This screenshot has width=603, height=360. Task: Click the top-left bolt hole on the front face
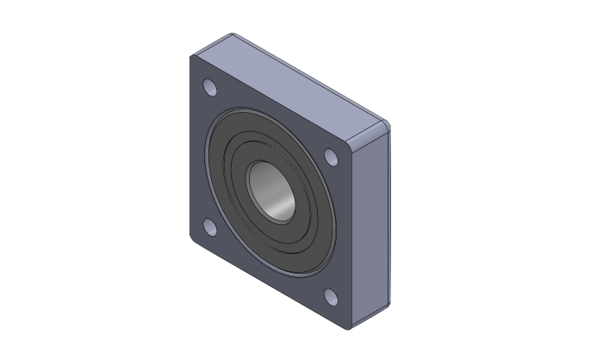point(208,88)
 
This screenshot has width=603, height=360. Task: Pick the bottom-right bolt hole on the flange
point(332,297)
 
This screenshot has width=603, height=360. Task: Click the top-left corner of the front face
point(193,59)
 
